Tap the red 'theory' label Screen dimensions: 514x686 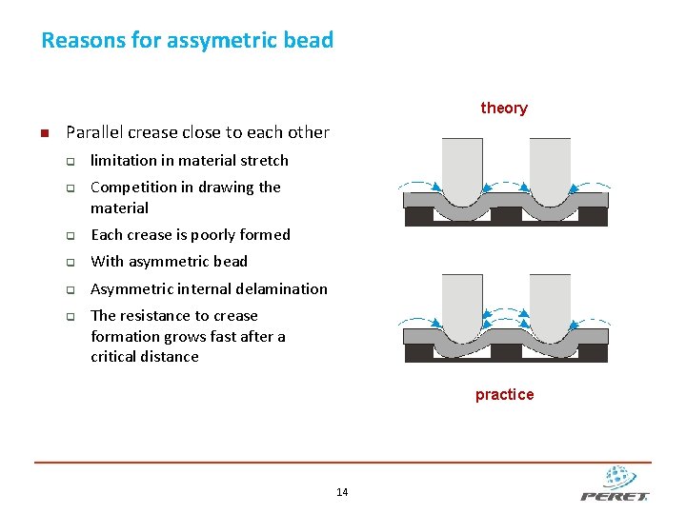click(504, 108)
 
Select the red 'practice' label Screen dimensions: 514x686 click(504, 394)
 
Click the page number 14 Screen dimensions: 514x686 click(342, 492)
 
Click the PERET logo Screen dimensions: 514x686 click(615, 484)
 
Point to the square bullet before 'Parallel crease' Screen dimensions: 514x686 click(43, 133)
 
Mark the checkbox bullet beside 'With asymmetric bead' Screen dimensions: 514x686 click(71, 262)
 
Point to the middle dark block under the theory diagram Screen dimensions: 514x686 click(506, 216)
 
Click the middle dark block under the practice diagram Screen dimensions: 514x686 click(506, 353)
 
